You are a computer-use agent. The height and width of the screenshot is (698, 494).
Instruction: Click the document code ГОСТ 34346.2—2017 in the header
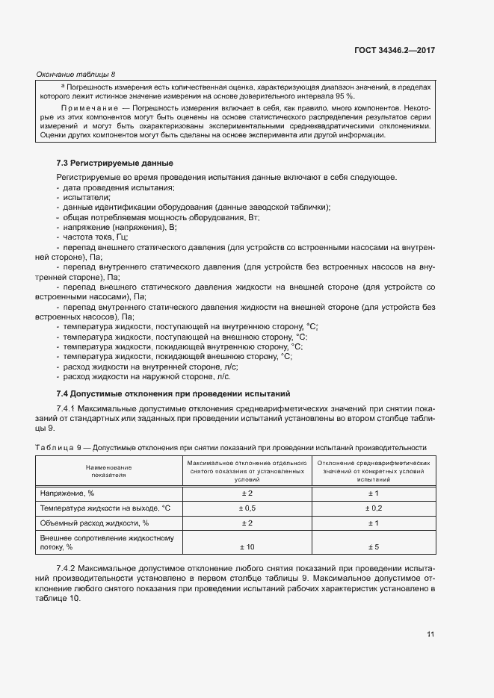(x=395, y=51)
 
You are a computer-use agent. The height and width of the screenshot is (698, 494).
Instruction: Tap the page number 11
(x=430, y=635)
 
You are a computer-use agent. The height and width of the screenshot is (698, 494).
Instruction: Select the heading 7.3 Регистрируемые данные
(x=115, y=163)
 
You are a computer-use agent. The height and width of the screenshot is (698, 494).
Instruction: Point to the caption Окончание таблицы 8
(x=75, y=74)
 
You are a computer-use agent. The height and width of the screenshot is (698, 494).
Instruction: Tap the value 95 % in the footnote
(x=345, y=96)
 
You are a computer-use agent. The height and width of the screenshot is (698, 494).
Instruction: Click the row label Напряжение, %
(x=67, y=493)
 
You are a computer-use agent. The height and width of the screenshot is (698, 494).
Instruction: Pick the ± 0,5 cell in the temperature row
(x=247, y=508)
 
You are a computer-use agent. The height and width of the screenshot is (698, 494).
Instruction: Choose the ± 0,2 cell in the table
(x=374, y=508)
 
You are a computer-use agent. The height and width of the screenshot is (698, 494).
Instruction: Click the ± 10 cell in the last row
(x=247, y=547)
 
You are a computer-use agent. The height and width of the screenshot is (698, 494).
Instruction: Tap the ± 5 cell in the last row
(x=374, y=547)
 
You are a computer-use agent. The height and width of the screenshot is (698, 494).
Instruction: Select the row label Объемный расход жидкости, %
(x=90, y=523)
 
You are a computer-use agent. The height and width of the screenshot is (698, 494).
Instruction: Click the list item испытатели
(x=87, y=197)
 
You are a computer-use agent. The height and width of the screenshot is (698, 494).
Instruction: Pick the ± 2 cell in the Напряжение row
(x=247, y=493)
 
